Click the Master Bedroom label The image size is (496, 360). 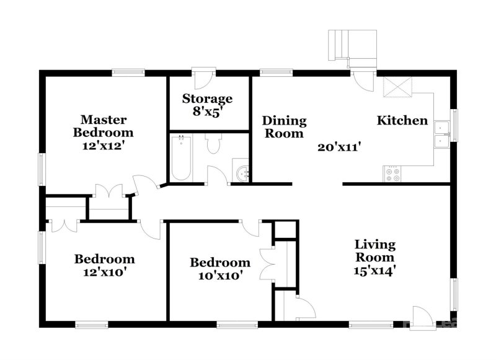103,126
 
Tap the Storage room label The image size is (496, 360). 207,99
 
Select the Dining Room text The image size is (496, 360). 283,126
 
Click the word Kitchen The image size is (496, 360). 402,120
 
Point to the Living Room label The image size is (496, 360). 375,251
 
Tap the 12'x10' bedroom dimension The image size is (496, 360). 104,271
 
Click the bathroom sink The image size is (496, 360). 241,171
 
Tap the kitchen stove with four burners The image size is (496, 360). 392,174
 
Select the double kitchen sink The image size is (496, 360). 442,134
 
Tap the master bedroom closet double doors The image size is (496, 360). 109,192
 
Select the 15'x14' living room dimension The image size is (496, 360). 375,270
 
